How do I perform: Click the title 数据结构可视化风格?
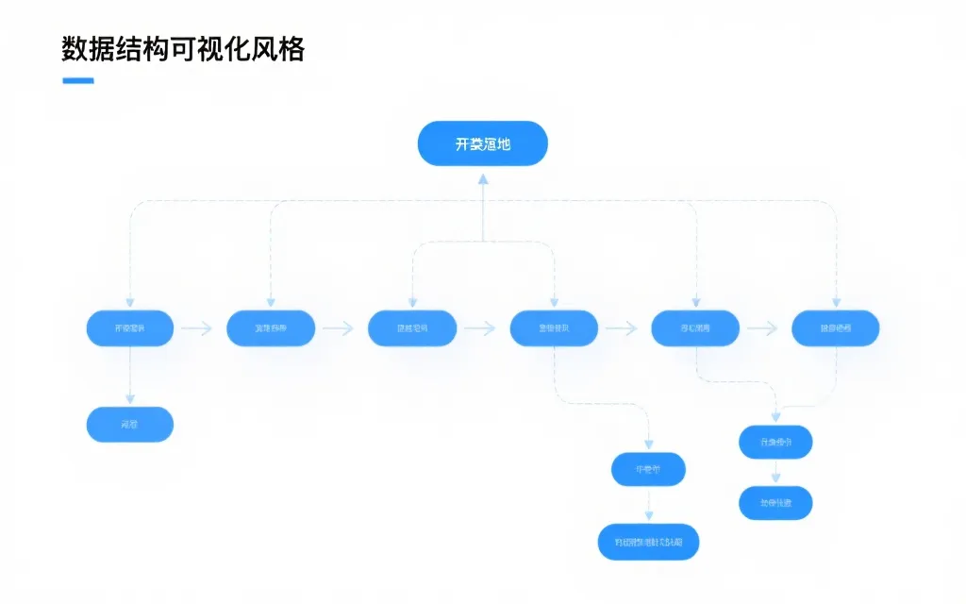click(x=183, y=49)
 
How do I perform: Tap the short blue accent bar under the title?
click(x=77, y=81)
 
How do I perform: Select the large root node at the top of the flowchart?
click(x=482, y=143)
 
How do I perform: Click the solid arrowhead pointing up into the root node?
click(x=482, y=179)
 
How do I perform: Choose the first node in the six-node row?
click(x=130, y=328)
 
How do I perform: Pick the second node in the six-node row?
click(x=271, y=328)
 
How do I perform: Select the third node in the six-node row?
click(x=412, y=328)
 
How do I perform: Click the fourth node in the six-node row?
click(x=554, y=328)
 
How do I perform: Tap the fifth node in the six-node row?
click(x=695, y=328)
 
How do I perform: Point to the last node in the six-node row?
click(x=836, y=328)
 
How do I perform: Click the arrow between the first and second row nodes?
click(x=197, y=328)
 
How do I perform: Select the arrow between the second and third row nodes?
click(x=339, y=328)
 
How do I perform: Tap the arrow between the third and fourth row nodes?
click(x=480, y=328)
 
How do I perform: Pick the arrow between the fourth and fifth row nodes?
click(x=622, y=328)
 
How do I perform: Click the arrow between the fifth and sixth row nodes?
click(x=762, y=328)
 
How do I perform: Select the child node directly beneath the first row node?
click(x=130, y=425)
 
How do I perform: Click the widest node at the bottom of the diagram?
click(x=649, y=542)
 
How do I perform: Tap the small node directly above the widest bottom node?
click(x=648, y=469)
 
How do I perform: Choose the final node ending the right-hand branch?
click(x=775, y=503)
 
